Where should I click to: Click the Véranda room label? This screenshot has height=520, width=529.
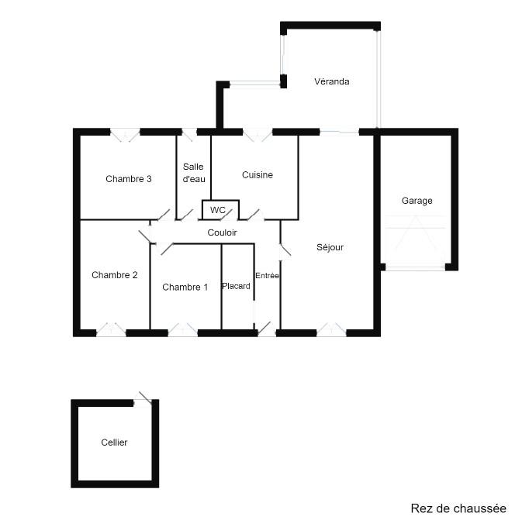tap(332, 81)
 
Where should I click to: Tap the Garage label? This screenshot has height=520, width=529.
tap(417, 201)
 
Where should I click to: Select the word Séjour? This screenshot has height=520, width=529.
tap(330, 247)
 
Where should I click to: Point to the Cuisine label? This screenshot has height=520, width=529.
tap(258, 175)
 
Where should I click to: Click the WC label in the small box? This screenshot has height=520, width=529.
tap(218, 210)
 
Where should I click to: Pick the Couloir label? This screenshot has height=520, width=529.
tap(223, 232)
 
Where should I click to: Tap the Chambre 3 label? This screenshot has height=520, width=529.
tap(129, 179)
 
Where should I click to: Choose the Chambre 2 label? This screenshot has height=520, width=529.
tap(115, 275)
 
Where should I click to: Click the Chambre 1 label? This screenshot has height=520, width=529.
tap(185, 288)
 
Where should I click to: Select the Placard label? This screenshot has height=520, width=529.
tap(236, 286)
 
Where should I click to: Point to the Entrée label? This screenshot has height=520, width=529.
tap(267, 276)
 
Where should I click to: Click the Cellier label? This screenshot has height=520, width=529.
tap(114, 443)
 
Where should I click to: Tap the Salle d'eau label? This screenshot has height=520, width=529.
tap(194, 173)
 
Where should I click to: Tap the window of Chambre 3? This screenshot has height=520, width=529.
tap(125, 135)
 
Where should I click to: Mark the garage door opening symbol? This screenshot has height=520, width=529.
tap(415, 241)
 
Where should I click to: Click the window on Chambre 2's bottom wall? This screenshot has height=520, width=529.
tap(111, 329)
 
